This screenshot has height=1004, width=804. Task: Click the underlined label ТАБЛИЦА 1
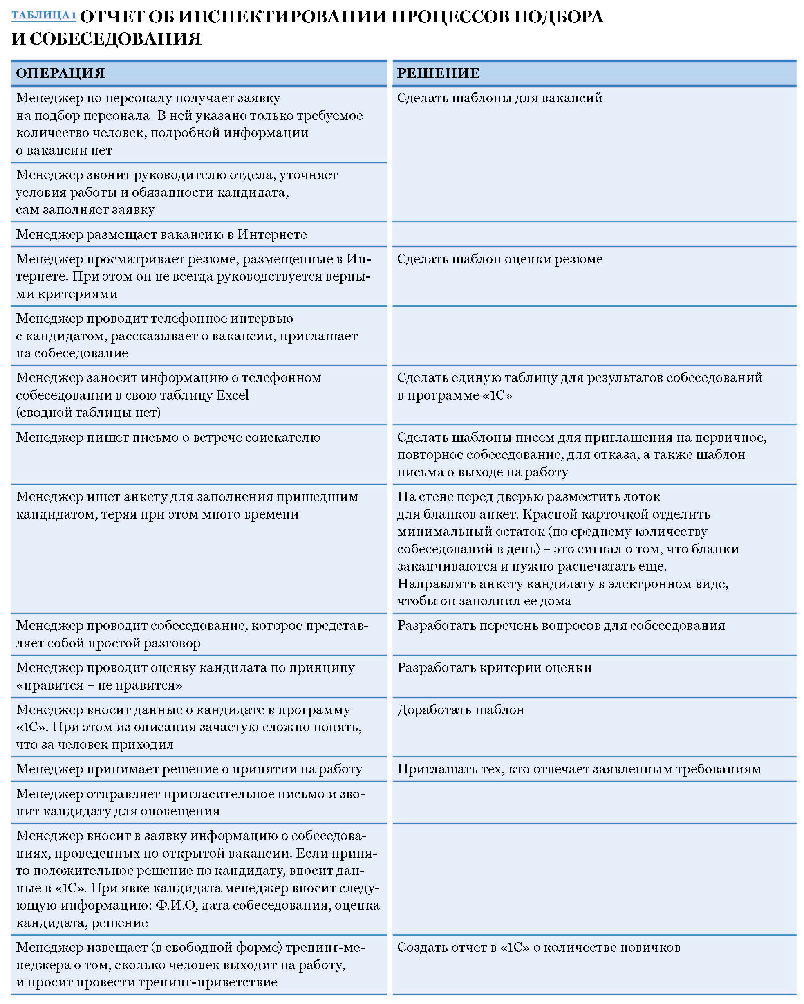click(43, 16)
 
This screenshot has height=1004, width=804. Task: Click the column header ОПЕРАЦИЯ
click(60, 73)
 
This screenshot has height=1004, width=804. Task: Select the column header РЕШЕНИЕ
click(438, 73)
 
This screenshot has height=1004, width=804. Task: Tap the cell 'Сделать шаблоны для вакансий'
click(499, 98)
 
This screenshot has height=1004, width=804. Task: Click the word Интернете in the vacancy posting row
click(272, 234)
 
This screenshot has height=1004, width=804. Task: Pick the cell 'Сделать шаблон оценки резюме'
click(499, 259)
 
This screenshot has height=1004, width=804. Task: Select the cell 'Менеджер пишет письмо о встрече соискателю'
click(168, 437)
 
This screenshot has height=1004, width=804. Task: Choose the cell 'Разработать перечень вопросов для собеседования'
click(560, 625)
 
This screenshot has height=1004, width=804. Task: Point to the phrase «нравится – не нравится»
click(99, 685)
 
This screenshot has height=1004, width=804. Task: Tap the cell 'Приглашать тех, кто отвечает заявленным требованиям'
click(579, 769)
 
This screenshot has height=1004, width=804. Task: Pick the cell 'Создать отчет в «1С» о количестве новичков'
click(539, 947)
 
